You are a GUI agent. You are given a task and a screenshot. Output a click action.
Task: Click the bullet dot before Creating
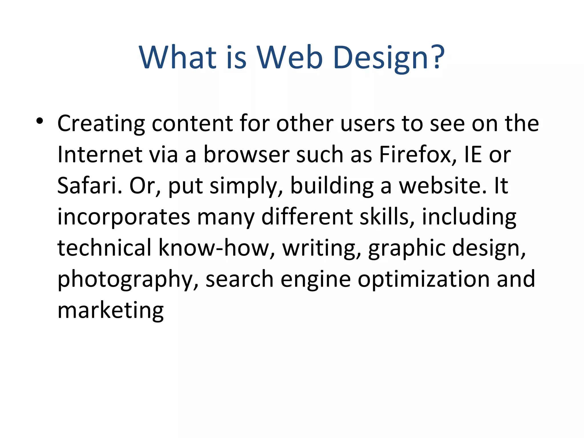(40, 121)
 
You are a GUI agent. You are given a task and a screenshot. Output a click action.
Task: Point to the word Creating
(101, 124)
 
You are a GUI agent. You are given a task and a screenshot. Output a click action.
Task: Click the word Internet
(100, 155)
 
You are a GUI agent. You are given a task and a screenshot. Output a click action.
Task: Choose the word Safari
(90, 186)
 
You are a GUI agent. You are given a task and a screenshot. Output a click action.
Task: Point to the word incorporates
(124, 217)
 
